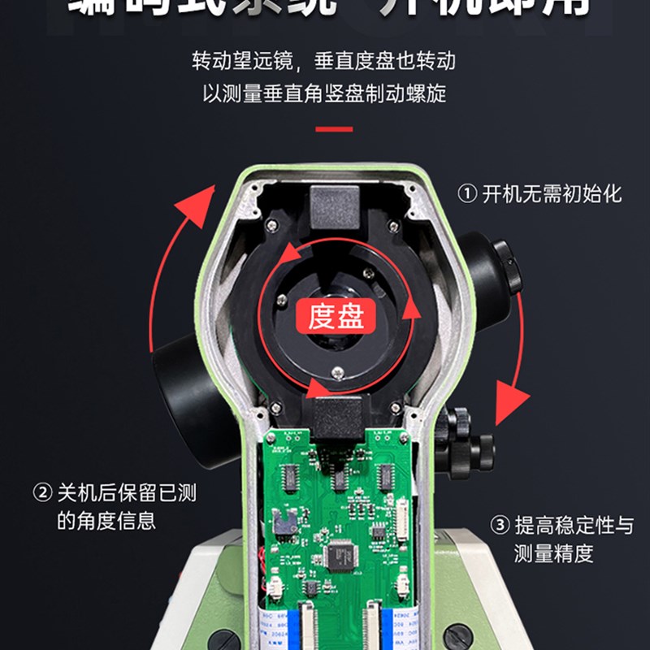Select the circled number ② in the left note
pyautogui.click(x=41, y=493)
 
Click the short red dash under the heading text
pyautogui.click(x=334, y=128)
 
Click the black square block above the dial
pyautogui.click(x=334, y=206)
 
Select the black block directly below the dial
pyautogui.click(x=335, y=419)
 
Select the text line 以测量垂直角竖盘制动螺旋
pyautogui.click(x=324, y=93)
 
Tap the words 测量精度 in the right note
pyautogui.click(x=553, y=554)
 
